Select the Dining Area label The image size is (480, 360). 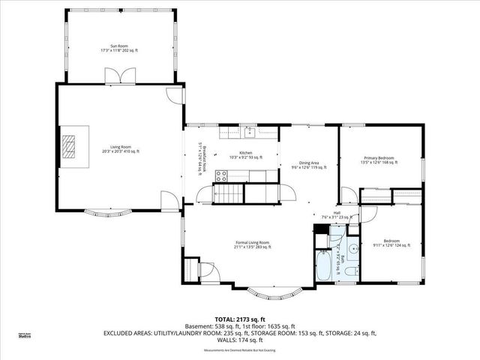click(x=309, y=165)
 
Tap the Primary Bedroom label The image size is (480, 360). click(x=377, y=160)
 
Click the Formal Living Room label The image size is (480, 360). click(x=252, y=244)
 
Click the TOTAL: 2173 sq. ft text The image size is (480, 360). click(x=240, y=319)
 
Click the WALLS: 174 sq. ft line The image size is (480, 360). click(x=240, y=341)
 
